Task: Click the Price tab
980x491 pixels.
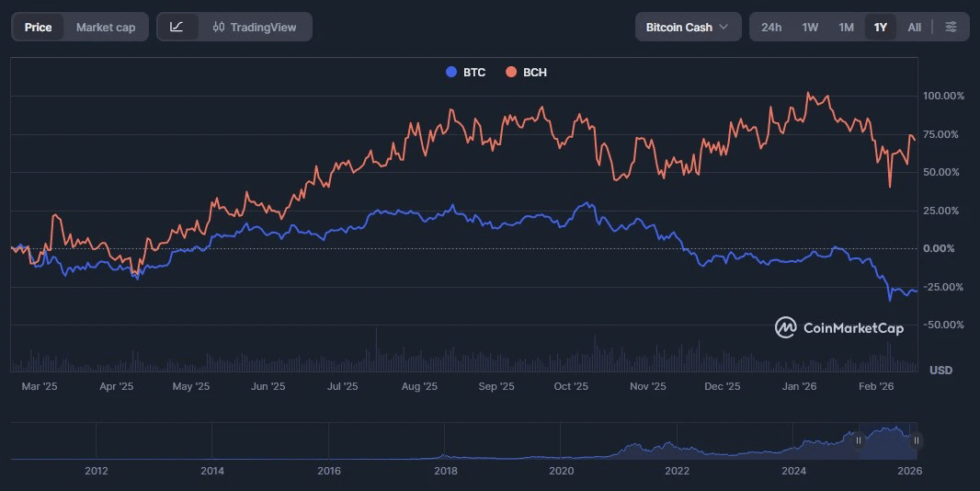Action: [x=38, y=27]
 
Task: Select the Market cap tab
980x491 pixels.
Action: [x=105, y=27]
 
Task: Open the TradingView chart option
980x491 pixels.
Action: [x=255, y=27]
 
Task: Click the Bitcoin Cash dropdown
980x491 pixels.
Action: [x=688, y=27]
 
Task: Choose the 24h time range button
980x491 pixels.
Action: [x=770, y=27]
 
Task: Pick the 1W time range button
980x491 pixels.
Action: [x=809, y=27]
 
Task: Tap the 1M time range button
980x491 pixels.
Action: [x=846, y=27]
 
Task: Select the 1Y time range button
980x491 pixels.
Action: [x=880, y=27]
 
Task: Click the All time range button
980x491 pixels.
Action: [x=914, y=27]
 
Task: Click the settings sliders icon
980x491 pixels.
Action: [x=951, y=27]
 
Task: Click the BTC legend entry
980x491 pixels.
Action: [x=465, y=72]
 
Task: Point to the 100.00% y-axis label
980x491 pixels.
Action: [x=943, y=96]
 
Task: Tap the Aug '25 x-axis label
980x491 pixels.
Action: [x=419, y=386]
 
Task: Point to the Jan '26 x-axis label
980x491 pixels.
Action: [x=799, y=386]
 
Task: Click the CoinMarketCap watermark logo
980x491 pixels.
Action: [x=838, y=327]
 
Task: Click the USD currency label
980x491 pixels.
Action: [x=940, y=370]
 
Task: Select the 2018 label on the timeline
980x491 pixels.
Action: [x=445, y=471]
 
